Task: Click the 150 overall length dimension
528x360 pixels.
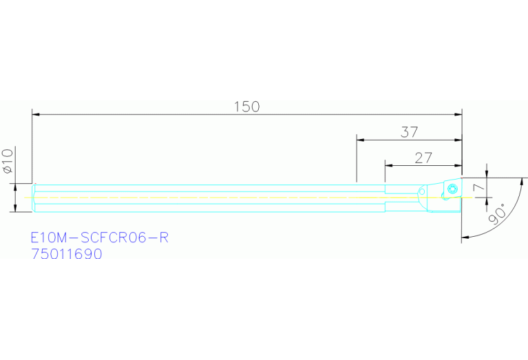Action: click(x=246, y=107)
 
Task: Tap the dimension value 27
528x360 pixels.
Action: click(x=423, y=158)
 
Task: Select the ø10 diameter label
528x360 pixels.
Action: click(x=8, y=160)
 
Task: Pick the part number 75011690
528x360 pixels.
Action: click(x=67, y=254)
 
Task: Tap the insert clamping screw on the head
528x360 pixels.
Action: click(x=452, y=189)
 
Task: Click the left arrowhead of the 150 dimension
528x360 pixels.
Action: click(x=36, y=114)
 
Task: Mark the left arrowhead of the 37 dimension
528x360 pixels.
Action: click(x=360, y=139)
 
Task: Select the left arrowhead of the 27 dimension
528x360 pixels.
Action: click(x=388, y=165)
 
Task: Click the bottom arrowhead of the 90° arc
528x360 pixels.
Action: click(x=465, y=237)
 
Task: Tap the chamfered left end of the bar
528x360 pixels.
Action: click(x=34, y=198)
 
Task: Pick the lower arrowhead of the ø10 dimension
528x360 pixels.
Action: click(x=16, y=209)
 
